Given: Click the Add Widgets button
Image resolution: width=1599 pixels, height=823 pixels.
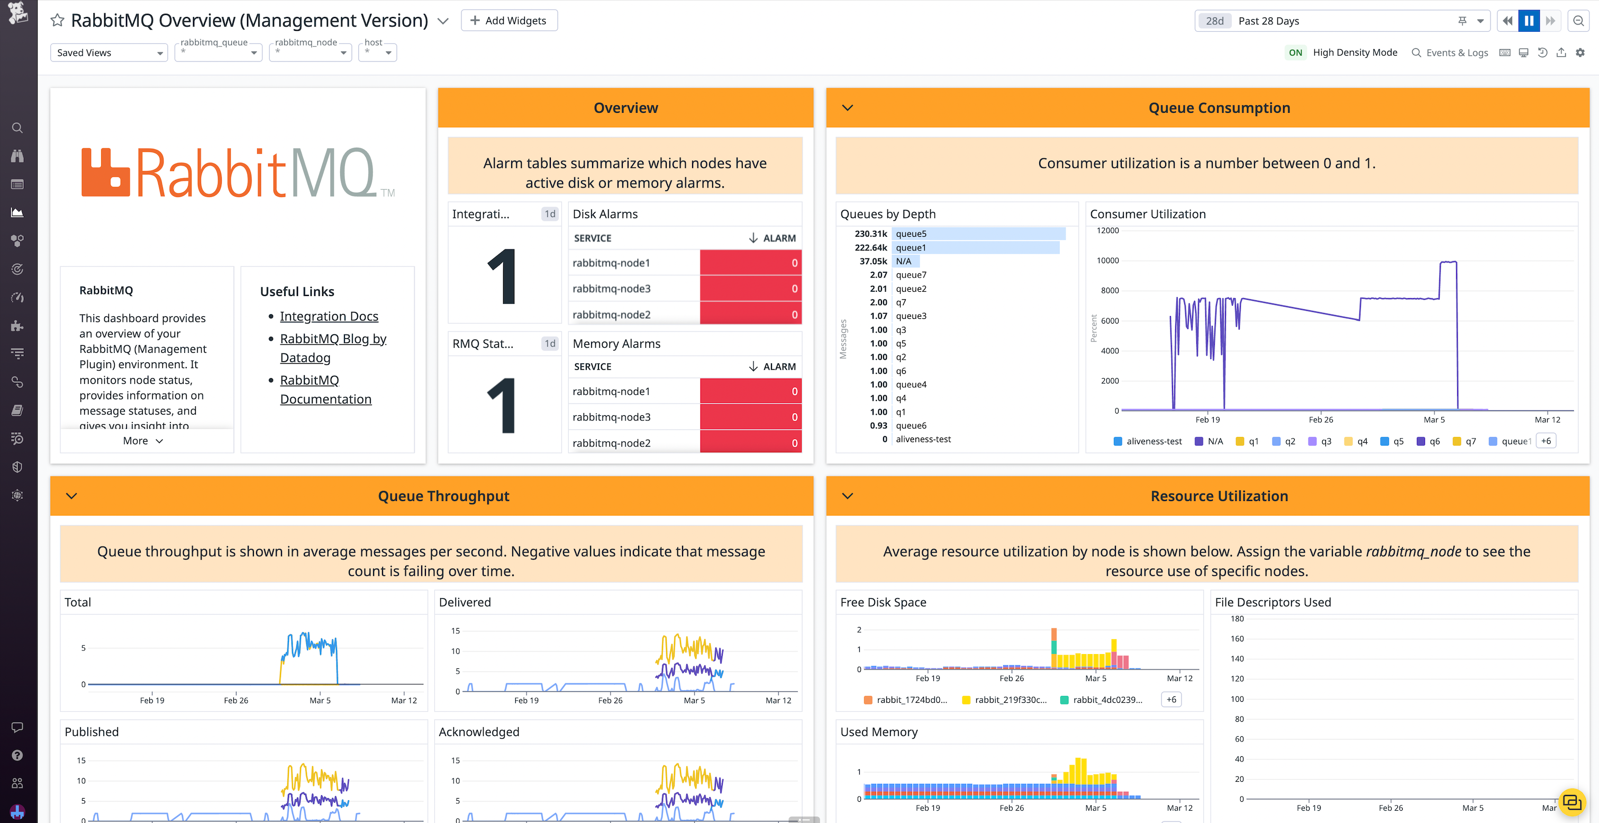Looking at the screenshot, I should [509, 21].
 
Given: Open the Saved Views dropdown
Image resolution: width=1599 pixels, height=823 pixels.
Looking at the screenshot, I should [108, 53].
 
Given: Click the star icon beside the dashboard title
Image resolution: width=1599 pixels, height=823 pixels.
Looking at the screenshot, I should [57, 21].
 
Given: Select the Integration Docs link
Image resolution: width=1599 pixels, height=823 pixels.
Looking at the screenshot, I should [329, 316].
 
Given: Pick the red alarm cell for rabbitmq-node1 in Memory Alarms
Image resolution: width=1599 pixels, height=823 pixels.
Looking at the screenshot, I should [750, 391].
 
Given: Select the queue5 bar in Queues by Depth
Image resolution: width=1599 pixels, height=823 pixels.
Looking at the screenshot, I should [978, 234].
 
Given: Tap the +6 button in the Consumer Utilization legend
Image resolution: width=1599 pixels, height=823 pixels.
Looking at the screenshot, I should [1546, 441].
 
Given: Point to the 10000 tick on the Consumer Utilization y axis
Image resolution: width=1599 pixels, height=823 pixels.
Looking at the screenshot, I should [1107, 260].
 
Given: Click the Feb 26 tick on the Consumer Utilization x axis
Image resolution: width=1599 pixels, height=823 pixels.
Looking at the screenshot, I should [1320, 420].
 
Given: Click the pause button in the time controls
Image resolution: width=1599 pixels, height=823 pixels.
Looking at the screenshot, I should [1529, 21].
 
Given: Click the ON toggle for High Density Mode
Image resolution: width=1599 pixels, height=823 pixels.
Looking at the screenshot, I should [1295, 53].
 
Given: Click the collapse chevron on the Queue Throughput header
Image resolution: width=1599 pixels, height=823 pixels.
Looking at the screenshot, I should [71, 496].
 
